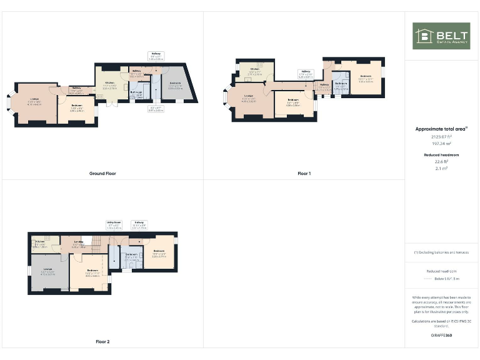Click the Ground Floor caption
tap(102, 173)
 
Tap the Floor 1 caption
tap(304, 173)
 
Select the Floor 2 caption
tap(102, 342)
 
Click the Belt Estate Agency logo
tap(441, 36)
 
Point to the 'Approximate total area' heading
tap(441, 129)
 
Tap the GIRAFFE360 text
tap(441, 336)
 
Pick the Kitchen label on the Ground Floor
tap(110, 82)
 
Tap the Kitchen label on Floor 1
tap(255, 69)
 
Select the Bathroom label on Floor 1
tap(341, 83)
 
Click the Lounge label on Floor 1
tap(248, 98)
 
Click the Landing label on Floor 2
tap(79, 241)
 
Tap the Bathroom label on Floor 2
tap(131, 254)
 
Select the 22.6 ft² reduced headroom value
tap(441, 161)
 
